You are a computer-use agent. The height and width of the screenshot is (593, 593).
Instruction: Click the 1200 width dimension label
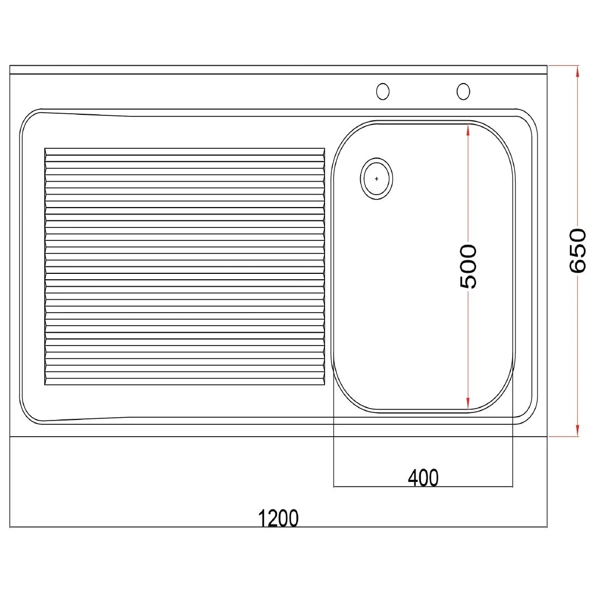click(278, 518)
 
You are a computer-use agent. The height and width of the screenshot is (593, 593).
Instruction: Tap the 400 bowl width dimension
click(423, 478)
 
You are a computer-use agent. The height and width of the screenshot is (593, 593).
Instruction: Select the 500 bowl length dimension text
click(468, 266)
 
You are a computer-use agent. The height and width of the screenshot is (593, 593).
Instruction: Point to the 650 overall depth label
click(577, 250)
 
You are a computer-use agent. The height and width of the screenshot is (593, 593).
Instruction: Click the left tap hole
click(383, 92)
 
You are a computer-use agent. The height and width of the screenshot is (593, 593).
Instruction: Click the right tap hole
click(463, 92)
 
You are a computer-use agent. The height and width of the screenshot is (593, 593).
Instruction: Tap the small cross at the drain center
click(376, 178)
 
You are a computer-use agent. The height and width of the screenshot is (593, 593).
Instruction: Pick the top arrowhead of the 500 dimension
click(468, 130)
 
